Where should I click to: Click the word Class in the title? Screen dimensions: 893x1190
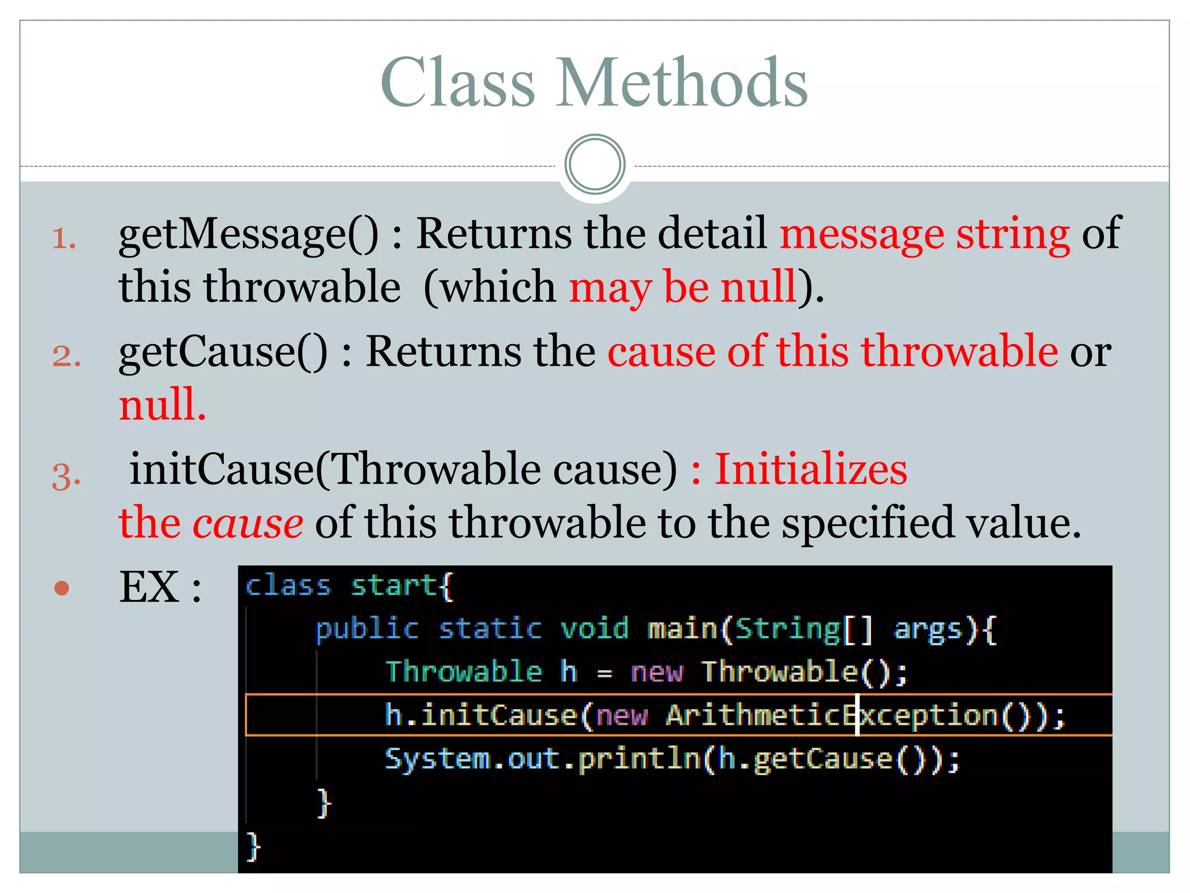pyautogui.click(x=457, y=83)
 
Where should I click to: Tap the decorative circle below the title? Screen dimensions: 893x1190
pyautogui.click(x=594, y=164)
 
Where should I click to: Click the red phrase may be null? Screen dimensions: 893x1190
pyautogui.click(x=683, y=288)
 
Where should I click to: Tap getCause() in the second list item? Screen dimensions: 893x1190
pyautogui.click(x=223, y=353)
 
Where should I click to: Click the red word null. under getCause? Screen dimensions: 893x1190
pyautogui.click(x=162, y=405)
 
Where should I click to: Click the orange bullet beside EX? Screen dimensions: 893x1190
pyautogui.click(x=62, y=588)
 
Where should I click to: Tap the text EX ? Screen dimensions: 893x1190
pyautogui.click(x=160, y=588)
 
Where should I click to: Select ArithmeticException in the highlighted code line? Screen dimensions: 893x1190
pyautogui.click(x=831, y=715)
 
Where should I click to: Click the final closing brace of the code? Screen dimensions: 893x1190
pyautogui.click(x=253, y=846)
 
